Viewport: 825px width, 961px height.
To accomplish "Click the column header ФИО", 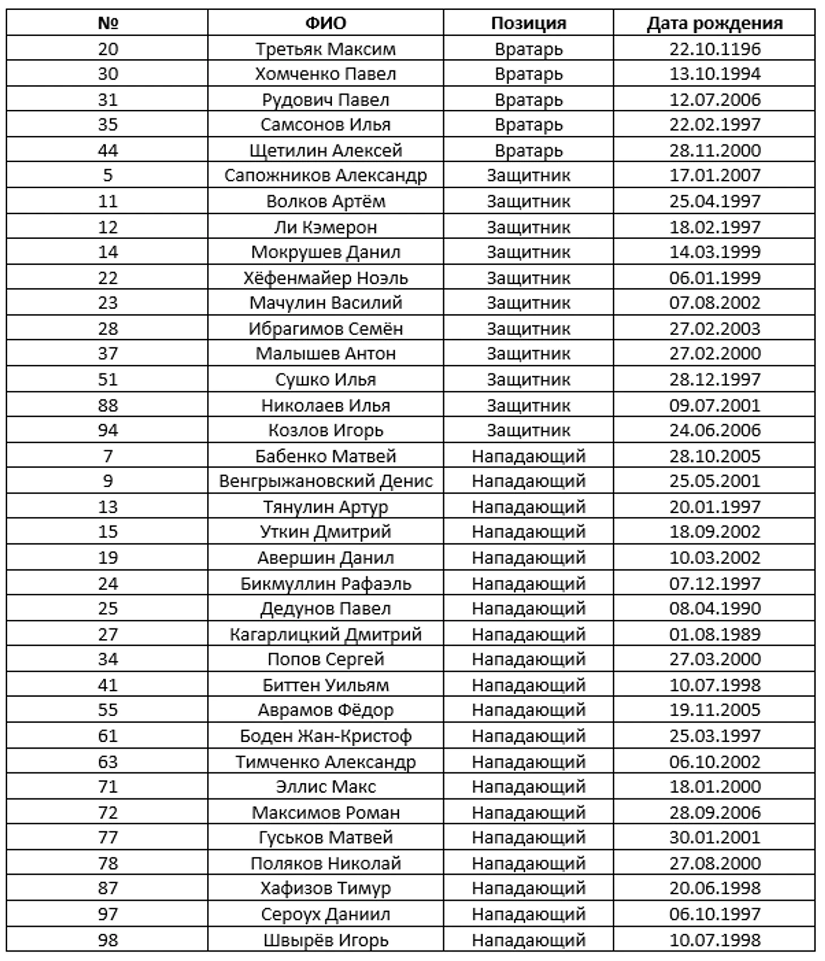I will pyautogui.click(x=325, y=23).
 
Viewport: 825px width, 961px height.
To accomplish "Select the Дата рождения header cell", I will pyautogui.click(x=714, y=23).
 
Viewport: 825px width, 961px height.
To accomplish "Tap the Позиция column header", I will pyautogui.click(x=528, y=23).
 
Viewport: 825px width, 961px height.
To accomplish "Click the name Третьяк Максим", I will pyautogui.click(x=325, y=49).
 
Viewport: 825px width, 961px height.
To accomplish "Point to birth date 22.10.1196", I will pyautogui.click(x=715, y=49).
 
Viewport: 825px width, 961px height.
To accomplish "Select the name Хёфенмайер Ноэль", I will pyautogui.click(x=325, y=278).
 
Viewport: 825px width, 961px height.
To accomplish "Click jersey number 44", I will pyautogui.click(x=107, y=150).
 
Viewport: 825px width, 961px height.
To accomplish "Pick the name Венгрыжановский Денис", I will pyautogui.click(x=325, y=481).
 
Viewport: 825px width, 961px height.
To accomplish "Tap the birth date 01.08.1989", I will pyautogui.click(x=715, y=634).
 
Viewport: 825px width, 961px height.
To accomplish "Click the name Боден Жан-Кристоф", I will pyautogui.click(x=325, y=736).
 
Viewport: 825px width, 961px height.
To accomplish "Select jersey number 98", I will pyautogui.click(x=107, y=940).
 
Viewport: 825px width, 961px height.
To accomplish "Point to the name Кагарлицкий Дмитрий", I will pyautogui.click(x=325, y=634).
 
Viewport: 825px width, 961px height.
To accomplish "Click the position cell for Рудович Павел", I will pyautogui.click(x=528, y=100).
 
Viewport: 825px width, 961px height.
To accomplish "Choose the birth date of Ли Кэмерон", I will pyautogui.click(x=715, y=227).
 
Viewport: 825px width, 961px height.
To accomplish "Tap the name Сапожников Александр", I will pyautogui.click(x=325, y=176).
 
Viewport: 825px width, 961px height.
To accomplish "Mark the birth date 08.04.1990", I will pyautogui.click(x=715, y=609).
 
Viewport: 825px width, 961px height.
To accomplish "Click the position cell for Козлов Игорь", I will pyautogui.click(x=528, y=430).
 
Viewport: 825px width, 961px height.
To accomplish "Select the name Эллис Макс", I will pyautogui.click(x=325, y=787).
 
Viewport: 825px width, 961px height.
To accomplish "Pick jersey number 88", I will pyautogui.click(x=107, y=405).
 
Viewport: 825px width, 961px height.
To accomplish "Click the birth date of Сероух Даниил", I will pyautogui.click(x=715, y=914).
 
